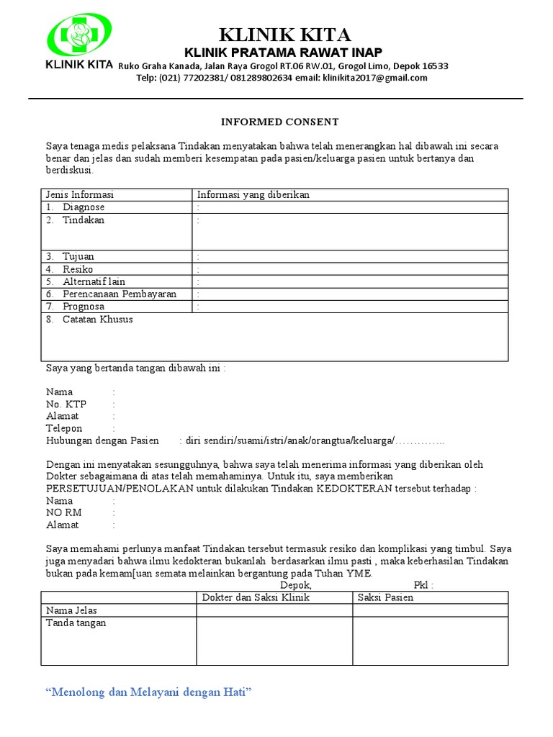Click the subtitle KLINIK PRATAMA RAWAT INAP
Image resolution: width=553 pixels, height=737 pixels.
tap(283, 53)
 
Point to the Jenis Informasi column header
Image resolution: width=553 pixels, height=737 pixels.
tap(80, 195)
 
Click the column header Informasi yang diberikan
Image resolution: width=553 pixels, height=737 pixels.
tap(253, 195)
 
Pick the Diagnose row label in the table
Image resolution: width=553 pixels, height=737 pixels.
tap(83, 207)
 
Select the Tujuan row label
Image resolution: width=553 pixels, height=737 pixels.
tap(78, 256)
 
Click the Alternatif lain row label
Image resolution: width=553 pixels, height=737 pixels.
tap(94, 281)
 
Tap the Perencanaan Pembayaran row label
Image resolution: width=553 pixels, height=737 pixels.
tap(119, 294)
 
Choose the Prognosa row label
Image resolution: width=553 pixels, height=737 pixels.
tap(83, 307)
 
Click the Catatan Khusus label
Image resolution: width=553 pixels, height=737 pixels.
tap(97, 320)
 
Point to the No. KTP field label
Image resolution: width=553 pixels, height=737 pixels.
tap(66, 404)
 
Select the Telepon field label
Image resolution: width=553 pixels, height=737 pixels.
tap(64, 428)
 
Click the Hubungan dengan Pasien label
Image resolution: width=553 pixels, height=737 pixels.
tap(102, 440)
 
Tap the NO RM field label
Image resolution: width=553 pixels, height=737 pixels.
tap(64, 512)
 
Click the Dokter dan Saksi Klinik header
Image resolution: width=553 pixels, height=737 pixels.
tap(256, 597)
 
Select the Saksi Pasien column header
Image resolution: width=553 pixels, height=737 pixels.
tap(385, 597)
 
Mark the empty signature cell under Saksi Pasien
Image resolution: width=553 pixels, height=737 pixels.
tap(430, 640)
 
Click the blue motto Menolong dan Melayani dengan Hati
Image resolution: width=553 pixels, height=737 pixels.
tap(148, 692)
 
